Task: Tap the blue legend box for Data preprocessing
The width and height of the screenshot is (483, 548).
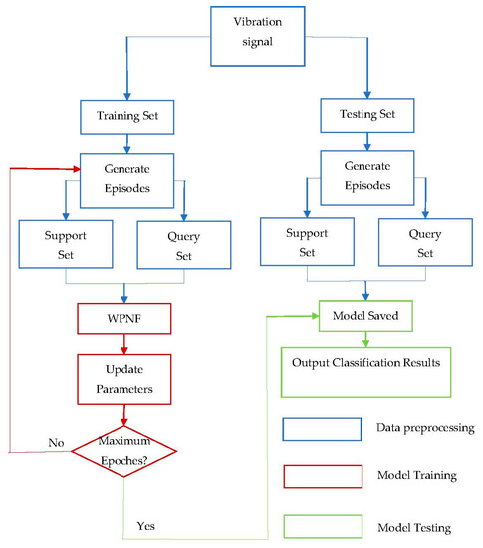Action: [x=320, y=428]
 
